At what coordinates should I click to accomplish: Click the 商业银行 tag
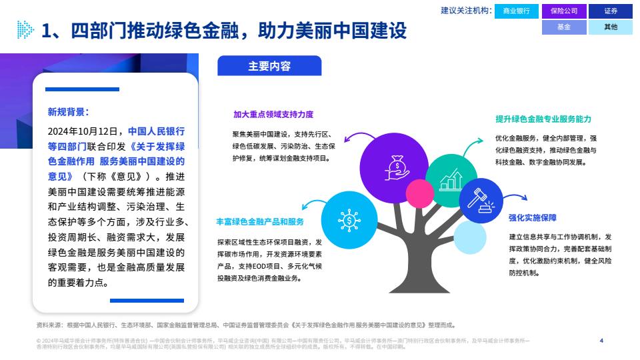click(516, 11)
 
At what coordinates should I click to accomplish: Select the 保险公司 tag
click(564, 11)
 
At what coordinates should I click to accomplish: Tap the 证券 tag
click(611, 11)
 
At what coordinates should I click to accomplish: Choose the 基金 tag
click(564, 27)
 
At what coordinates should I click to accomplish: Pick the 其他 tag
click(611, 27)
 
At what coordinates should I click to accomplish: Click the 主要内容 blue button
click(269, 66)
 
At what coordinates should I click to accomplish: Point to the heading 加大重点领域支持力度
click(273, 114)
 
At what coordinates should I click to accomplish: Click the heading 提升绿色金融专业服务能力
click(543, 119)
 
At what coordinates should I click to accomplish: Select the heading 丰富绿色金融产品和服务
click(260, 221)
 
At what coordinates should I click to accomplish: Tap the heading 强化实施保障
click(532, 217)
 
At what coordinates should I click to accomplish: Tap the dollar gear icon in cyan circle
click(349, 221)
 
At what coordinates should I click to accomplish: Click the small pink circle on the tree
click(419, 193)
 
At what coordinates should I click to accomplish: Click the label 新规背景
click(68, 112)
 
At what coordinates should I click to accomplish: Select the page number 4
click(601, 341)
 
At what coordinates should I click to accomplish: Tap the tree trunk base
click(419, 286)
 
